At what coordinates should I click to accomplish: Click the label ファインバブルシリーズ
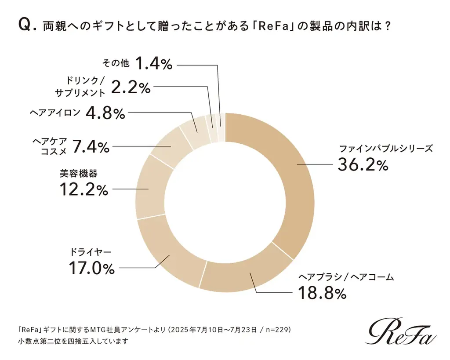pos(385,148)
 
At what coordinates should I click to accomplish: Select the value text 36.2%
pos(363,165)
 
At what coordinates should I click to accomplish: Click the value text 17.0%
pos(91,268)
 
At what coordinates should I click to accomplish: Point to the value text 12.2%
pos(83,190)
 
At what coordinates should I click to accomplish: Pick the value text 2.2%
pos(131,87)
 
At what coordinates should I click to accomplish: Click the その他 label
pos(116,63)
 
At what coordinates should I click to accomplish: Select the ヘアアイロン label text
pos(55,113)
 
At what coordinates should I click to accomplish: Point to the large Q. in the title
pos(26,26)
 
